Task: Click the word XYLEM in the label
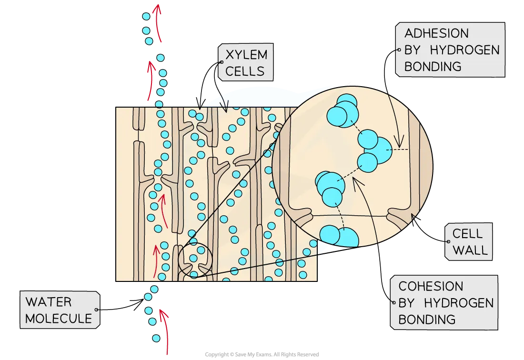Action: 246,55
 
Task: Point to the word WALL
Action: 470,250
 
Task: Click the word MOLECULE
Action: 58,318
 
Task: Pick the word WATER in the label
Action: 49,302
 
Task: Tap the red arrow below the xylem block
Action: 165,331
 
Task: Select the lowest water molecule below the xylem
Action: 156,338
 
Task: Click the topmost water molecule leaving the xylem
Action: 145,16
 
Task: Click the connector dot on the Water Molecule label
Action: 97,310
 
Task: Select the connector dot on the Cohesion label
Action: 393,302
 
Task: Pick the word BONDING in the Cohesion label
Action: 427,319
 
